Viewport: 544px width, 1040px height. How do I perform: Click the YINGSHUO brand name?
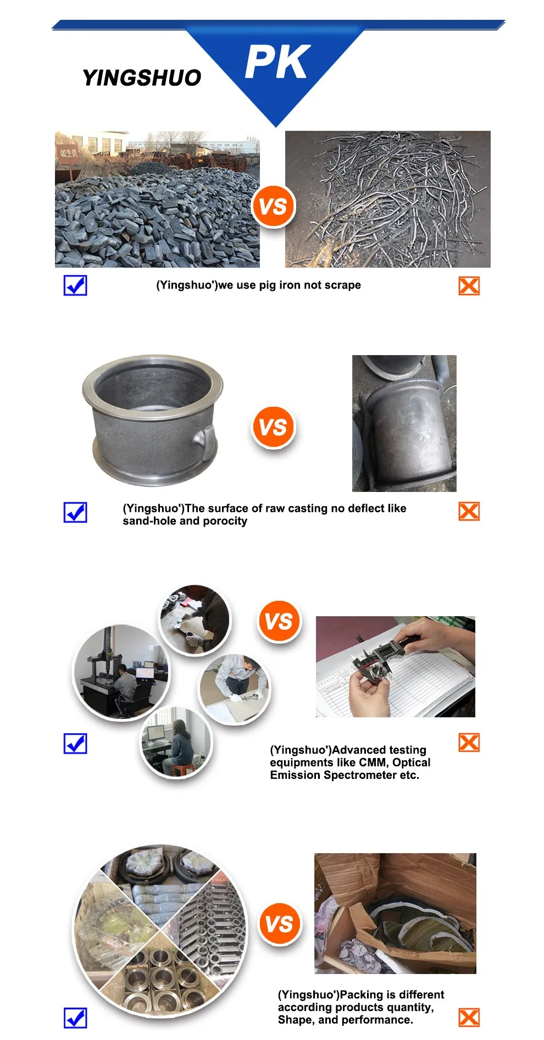tap(142, 78)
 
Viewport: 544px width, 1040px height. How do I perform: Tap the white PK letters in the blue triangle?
tap(277, 62)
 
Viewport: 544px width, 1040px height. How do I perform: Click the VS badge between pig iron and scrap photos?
tap(273, 206)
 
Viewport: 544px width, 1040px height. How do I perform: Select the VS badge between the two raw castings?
tap(273, 427)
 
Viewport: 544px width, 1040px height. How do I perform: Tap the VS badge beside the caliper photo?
tap(279, 621)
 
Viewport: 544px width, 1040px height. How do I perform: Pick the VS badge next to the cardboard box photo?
tap(279, 923)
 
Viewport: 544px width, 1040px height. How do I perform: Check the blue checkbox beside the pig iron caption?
tap(75, 285)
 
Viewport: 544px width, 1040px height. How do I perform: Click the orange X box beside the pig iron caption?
tap(469, 286)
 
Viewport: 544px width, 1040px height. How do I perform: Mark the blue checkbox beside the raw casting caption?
tap(75, 512)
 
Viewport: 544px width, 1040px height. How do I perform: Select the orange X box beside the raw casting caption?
tap(469, 511)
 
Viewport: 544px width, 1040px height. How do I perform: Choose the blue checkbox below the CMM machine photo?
tap(75, 743)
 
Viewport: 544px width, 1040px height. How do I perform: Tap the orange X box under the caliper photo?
tap(469, 743)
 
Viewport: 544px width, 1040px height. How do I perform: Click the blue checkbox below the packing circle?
tap(75, 1017)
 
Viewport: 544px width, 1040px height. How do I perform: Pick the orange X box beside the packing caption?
tap(469, 1017)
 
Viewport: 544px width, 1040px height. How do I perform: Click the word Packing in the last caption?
tap(362, 995)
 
